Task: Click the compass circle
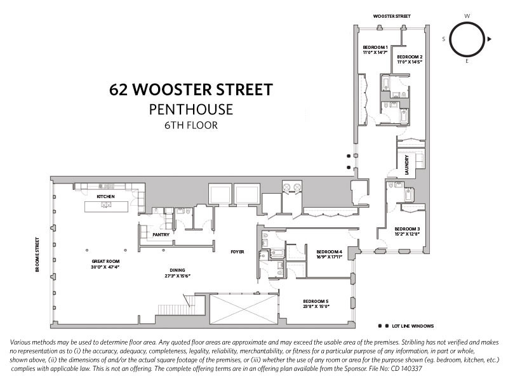click(x=467, y=39)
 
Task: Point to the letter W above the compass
click(x=467, y=15)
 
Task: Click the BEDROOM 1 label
click(x=375, y=48)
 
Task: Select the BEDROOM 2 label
click(x=410, y=57)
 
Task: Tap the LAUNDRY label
click(x=405, y=164)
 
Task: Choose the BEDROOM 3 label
click(x=406, y=229)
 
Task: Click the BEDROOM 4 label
click(x=330, y=252)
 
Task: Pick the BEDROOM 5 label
click(x=316, y=300)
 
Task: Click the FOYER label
click(x=237, y=252)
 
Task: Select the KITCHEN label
click(x=105, y=197)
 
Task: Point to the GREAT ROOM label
click(x=105, y=262)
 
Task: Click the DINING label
click(x=168, y=269)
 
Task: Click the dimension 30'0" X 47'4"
click(x=105, y=267)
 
